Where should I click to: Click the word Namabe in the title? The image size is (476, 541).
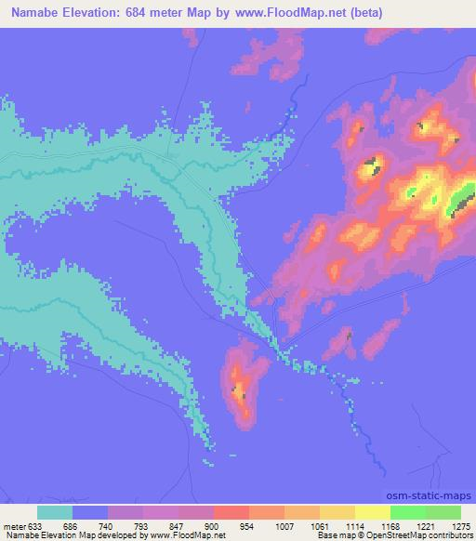coord(35,12)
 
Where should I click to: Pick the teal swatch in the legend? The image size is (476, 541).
coord(55,512)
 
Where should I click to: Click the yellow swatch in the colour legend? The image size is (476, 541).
coord(373,512)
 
